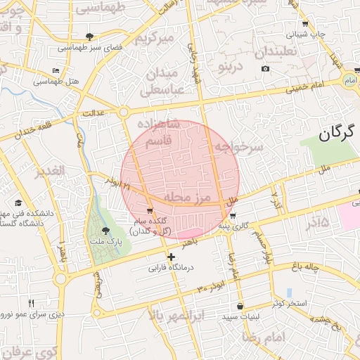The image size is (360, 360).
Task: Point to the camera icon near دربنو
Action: pos(265,68)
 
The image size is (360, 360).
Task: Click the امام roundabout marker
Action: pos(347,82)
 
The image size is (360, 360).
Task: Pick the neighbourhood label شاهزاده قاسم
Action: pos(160,134)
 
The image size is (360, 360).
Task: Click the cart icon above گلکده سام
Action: pos(149,210)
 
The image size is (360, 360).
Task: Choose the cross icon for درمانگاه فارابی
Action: pos(171,257)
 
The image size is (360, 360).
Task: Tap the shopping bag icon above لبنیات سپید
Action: pos(241,306)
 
